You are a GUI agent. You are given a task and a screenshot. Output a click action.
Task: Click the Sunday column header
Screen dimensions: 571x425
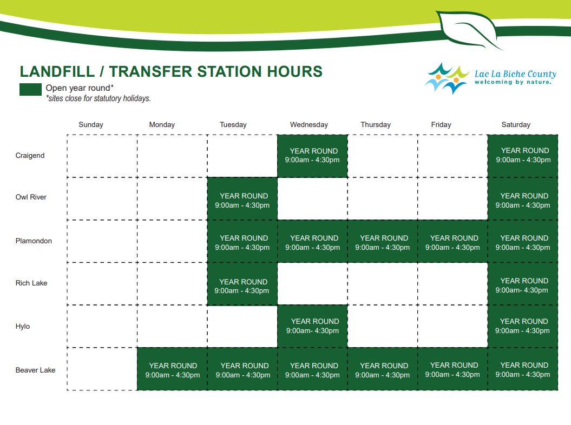(x=91, y=125)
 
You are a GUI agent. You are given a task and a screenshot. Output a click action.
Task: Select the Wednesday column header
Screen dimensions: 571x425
(x=309, y=125)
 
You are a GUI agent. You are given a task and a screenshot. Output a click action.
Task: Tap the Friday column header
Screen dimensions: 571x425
(x=441, y=125)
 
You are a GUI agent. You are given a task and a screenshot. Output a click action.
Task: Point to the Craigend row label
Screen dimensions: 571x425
(x=30, y=155)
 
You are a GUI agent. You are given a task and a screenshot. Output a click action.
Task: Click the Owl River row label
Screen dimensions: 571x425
(x=31, y=197)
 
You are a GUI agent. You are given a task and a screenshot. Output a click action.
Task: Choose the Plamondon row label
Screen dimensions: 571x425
(x=34, y=241)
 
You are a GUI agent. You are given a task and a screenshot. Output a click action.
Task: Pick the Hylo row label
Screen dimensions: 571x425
(x=23, y=327)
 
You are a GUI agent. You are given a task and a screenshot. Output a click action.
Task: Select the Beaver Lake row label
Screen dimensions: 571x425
(x=35, y=370)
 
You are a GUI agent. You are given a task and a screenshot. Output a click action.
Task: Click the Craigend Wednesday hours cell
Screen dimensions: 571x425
(x=312, y=156)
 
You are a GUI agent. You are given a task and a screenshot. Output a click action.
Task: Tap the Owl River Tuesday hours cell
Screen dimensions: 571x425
(x=242, y=198)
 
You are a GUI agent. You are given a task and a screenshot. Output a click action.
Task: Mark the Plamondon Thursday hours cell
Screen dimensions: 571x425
(x=383, y=241)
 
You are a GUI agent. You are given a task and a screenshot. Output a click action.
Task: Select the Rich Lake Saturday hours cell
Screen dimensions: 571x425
(x=523, y=284)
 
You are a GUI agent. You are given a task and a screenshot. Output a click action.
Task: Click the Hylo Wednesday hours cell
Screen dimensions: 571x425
(x=312, y=327)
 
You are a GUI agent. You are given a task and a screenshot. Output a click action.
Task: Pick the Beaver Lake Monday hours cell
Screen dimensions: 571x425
(x=172, y=369)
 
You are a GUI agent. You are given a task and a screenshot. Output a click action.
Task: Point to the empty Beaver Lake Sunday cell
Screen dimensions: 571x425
(x=102, y=369)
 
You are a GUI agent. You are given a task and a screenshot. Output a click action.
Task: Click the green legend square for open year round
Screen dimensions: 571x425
(x=31, y=90)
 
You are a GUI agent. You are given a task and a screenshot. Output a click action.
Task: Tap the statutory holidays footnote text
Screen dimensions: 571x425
(x=99, y=98)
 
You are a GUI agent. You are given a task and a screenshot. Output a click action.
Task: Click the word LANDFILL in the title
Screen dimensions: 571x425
(x=57, y=72)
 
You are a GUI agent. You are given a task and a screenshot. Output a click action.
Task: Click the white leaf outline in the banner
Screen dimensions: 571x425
(x=468, y=29)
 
